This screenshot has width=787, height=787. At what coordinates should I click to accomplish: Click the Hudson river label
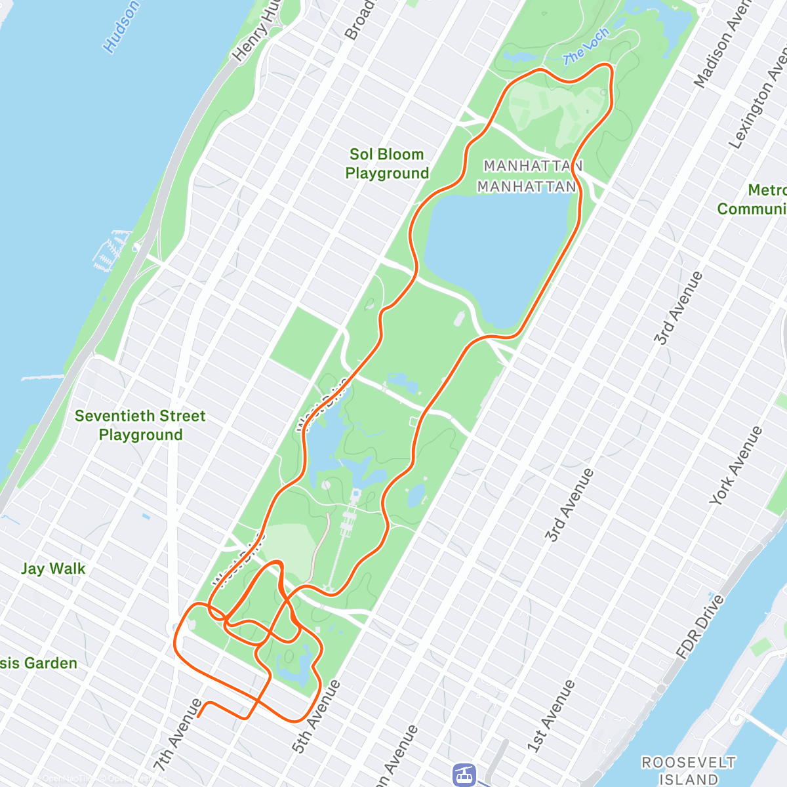(x=121, y=26)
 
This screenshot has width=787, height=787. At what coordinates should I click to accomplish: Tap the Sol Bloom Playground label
(x=387, y=164)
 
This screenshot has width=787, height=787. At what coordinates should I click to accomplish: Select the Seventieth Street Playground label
(x=140, y=425)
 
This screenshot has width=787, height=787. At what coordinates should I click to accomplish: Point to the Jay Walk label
(x=53, y=569)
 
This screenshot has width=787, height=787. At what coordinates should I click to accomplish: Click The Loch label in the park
(x=586, y=47)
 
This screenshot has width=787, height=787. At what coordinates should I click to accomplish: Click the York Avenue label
(x=737, y=466)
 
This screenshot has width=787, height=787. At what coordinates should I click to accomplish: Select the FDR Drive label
(x=700, y=626)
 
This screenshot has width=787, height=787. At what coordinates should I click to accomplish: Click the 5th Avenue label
(x=317, y=716)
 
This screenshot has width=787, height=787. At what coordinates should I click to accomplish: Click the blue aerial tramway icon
(x=464, y=775)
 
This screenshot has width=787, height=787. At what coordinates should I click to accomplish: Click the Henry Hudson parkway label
(x=258, y=33)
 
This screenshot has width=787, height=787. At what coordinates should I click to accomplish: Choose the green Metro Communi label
(x=754, y=199)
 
